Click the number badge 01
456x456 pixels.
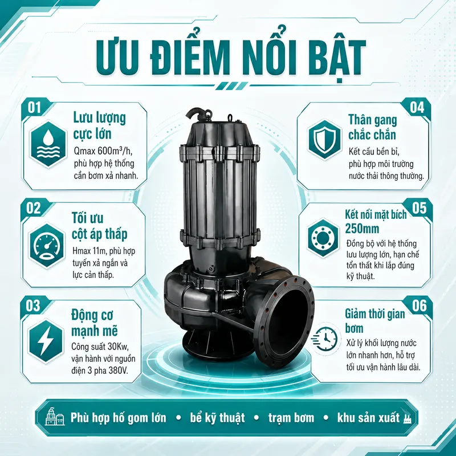[x=34, y=108]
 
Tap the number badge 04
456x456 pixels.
[x=417, y=107]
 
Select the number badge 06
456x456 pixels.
[x=419, y=306]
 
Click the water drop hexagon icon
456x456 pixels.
[x=48, y=144]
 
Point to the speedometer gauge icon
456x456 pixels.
[x=47, y=246]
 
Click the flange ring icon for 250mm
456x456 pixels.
[x=323, y=238]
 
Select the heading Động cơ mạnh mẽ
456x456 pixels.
[x=95, y=323]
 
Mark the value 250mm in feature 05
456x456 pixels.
[x=362, y=229]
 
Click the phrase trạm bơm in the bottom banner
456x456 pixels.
[x=291, y=418]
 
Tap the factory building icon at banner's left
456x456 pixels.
[x=55, y=417]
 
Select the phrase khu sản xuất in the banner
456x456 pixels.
[x=368, y=418]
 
